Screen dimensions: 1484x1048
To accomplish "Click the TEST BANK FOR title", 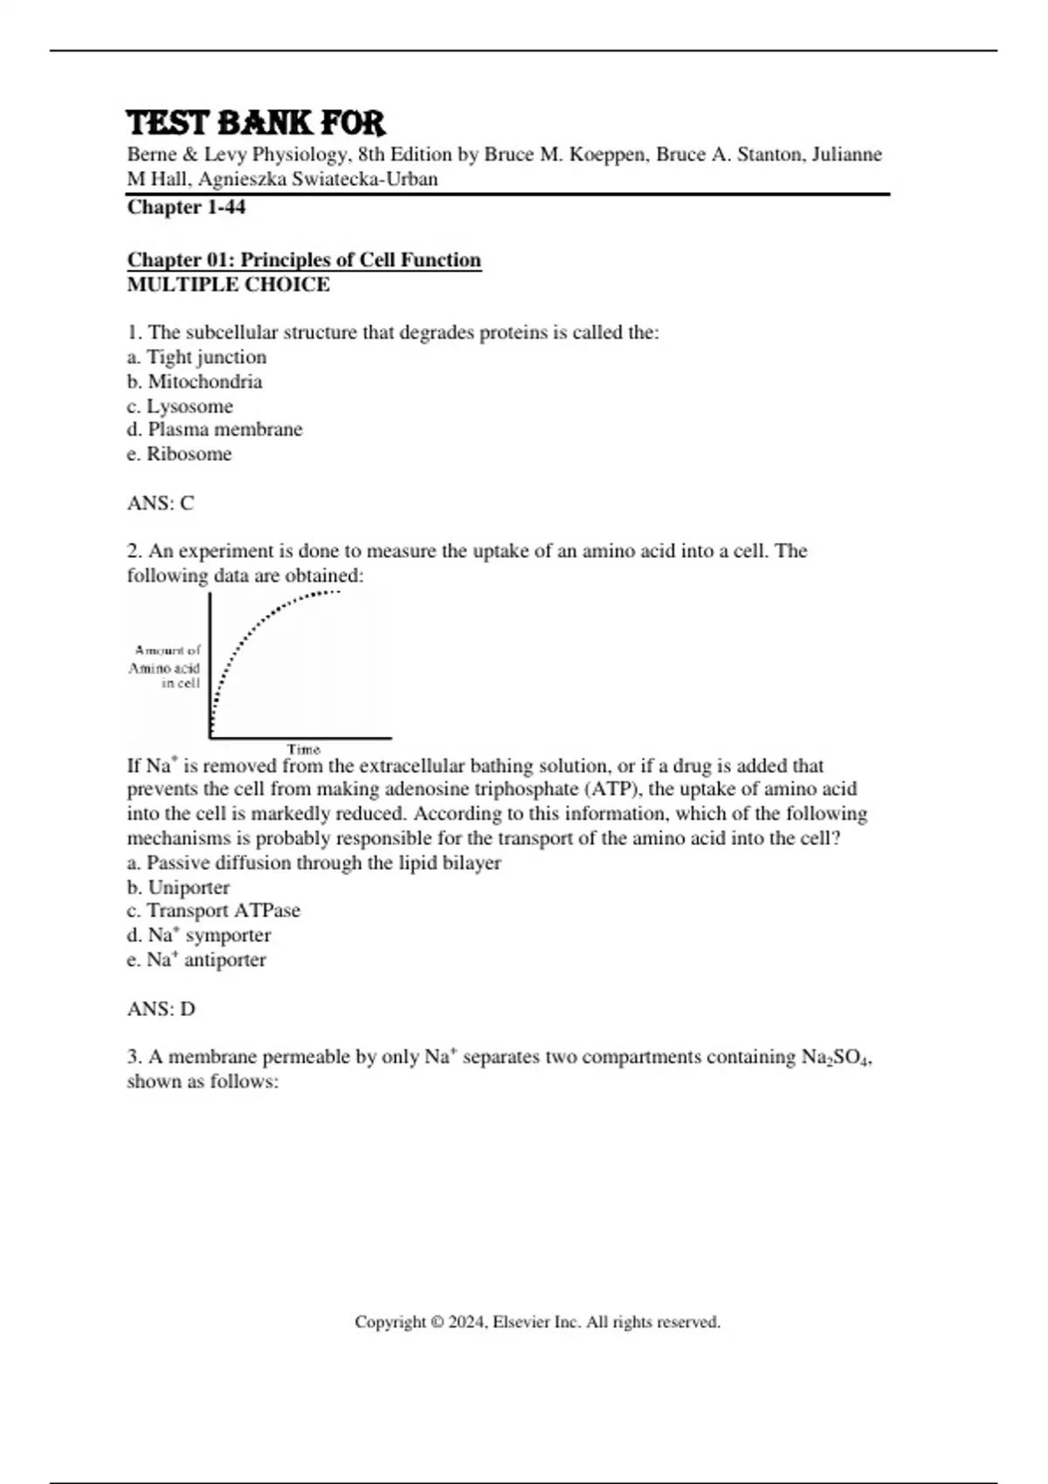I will click(x=256, y=123).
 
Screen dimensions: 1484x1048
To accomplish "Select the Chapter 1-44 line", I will click(x=186, y=207).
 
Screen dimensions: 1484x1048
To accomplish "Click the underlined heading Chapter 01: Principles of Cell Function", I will click(x=304, y=260).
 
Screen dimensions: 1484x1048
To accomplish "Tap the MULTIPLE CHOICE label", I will click(x=228, y=285).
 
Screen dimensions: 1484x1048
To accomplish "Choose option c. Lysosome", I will click(x=180, y=406).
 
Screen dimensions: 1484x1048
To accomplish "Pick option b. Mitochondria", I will click(x=194, y=381).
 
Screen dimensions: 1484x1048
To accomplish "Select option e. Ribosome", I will click(x=179, y=454).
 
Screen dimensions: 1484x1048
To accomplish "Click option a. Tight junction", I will click(x=196, y=357).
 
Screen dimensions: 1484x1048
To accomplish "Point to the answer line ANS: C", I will click(x=161, y=503).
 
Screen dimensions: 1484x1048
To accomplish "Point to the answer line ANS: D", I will click(x=161, y=1009).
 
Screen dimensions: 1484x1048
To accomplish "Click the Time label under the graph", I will click(x=304, y=749).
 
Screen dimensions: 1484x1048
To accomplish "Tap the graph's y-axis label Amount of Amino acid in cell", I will click(x=166, y=667).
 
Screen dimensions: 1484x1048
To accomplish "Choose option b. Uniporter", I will click(x=178, y=888).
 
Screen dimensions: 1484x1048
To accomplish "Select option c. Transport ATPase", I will click(x=213, y=910).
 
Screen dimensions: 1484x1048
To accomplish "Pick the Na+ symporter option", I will click(x=198, y=935).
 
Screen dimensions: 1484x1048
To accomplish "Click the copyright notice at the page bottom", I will click(x=537, y=1322).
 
